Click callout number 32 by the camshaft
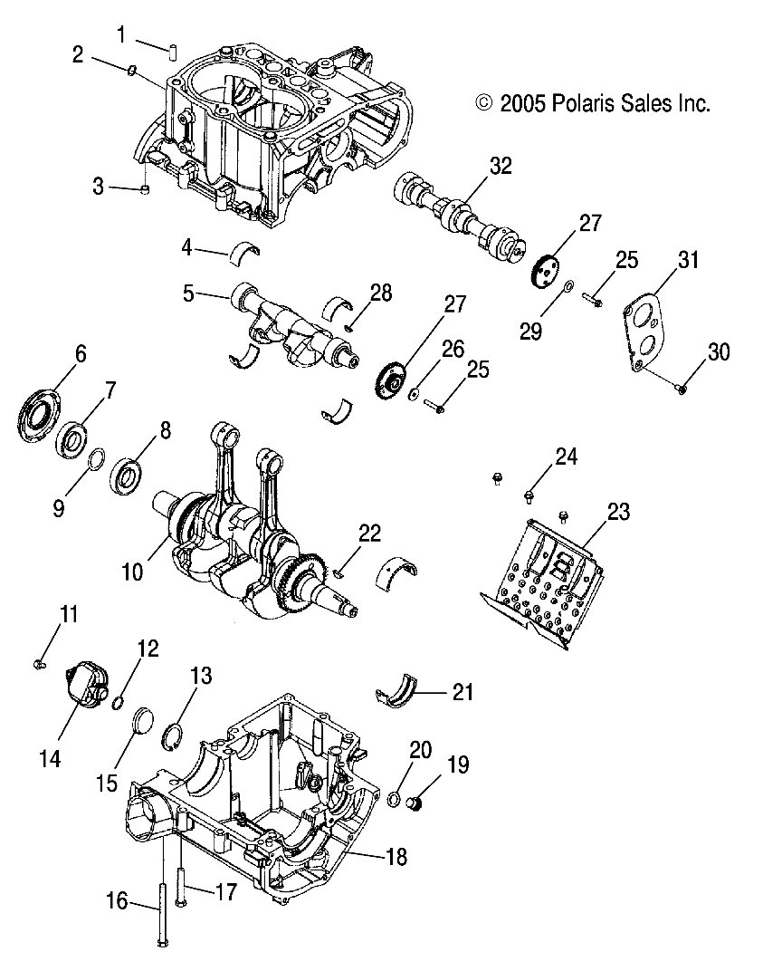coord(501,166)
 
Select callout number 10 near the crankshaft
coord(133,572)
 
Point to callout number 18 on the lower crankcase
coord(396,855)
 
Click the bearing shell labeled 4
coord(243,250)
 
